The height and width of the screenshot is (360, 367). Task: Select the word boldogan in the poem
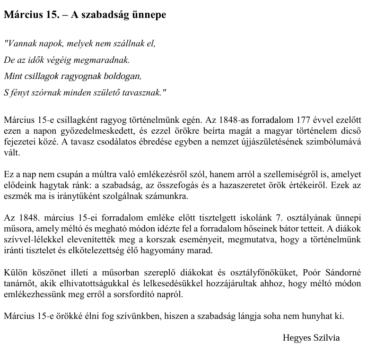click(x=124, y=76)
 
